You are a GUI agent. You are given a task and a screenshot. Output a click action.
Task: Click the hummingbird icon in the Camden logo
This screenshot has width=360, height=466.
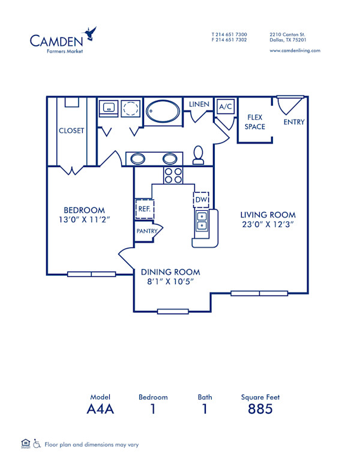click(91, 33)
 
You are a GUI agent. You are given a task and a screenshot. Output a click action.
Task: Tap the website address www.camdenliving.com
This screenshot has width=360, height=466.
click(295, 51)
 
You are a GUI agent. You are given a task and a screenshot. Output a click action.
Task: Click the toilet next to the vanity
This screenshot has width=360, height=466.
click(199, 155)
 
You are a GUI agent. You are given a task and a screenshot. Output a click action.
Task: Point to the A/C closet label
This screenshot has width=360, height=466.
click(225, 107)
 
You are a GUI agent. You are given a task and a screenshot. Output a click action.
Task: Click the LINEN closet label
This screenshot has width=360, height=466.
click(199, 104)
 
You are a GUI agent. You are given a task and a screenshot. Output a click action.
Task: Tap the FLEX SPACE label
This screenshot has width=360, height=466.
click(254, 123)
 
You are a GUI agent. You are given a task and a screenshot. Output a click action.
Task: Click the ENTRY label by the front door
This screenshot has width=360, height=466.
click(294, 122)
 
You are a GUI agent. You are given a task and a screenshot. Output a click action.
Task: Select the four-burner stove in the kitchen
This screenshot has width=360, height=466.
click(173, 175)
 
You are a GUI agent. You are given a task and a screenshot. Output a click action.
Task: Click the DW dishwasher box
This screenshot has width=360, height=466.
click(200, 199)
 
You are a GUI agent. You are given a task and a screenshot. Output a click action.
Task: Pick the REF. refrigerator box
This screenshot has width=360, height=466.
click(144, 208)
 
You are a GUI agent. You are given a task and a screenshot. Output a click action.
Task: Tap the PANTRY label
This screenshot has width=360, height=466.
click(147, 231)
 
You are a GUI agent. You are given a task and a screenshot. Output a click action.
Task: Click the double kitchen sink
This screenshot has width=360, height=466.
click(203, 222)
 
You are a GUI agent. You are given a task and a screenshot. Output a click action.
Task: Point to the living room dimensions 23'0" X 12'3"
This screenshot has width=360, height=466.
click(268, 225)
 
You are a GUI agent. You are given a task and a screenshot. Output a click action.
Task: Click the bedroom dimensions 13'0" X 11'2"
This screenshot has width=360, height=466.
click(85, 220)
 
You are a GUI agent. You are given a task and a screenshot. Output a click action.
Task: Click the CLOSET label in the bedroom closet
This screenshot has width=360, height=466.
click(71, 131)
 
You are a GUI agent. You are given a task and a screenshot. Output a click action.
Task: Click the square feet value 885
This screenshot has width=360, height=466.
click(260, 410)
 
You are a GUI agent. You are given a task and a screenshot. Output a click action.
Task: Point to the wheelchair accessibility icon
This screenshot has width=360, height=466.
click(37, 444)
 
